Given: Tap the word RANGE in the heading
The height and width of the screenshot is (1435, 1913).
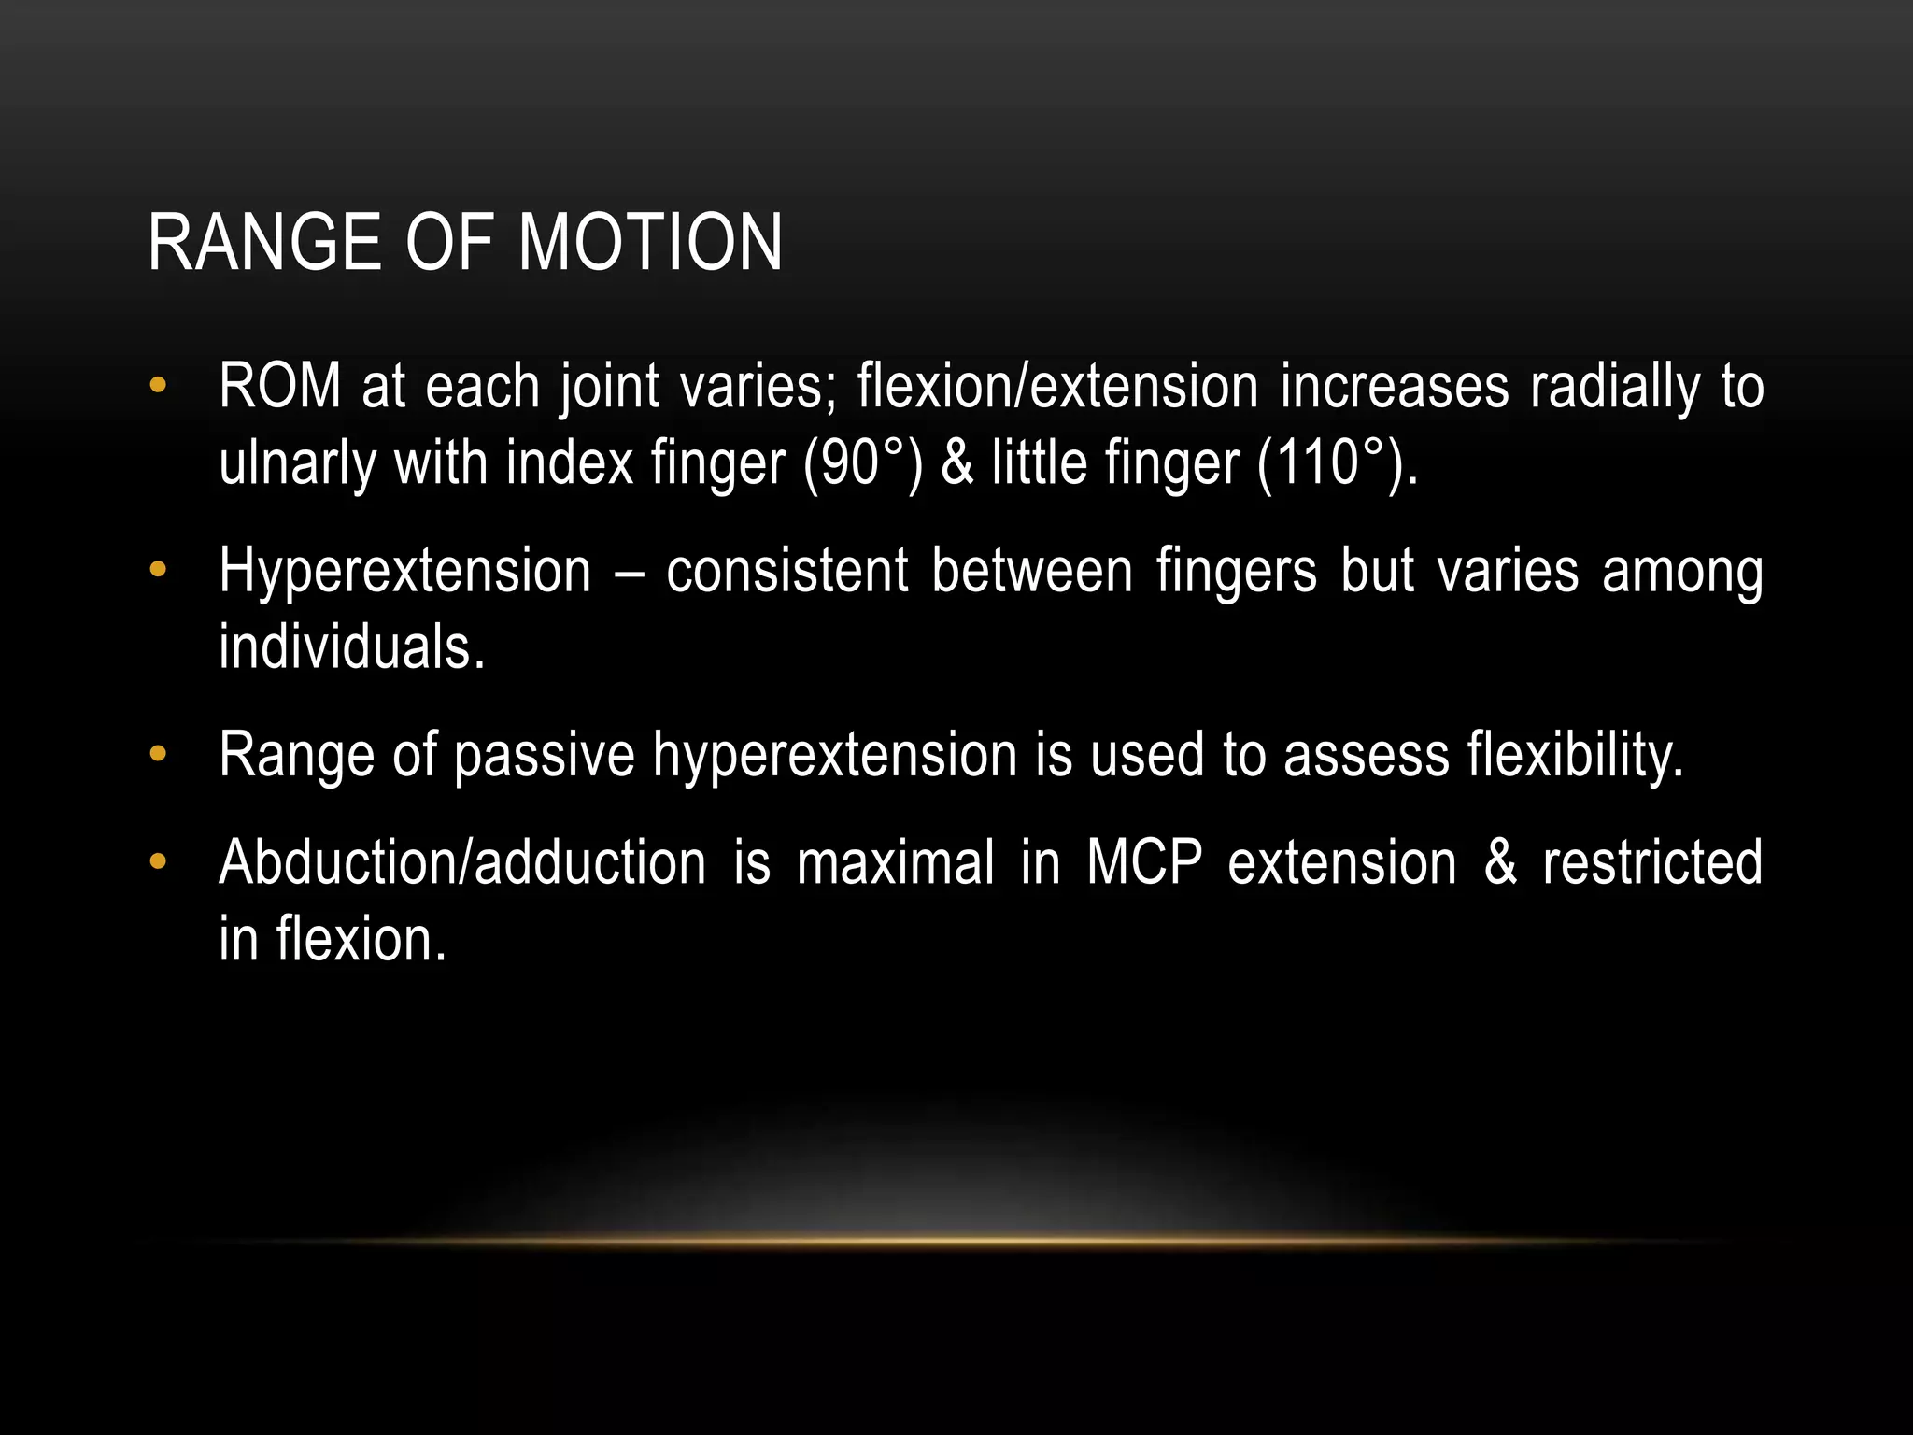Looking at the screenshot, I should click(265, 243).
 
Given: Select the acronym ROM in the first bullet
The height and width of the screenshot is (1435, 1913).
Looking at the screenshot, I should click(280, 386).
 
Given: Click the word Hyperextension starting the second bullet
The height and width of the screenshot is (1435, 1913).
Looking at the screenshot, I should click(404, 571).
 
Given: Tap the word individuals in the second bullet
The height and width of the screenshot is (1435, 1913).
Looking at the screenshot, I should click(351, 646).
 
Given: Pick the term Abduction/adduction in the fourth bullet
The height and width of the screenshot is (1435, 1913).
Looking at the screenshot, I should click(462, 862).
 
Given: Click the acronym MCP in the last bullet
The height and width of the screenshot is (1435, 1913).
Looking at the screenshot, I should click(1144, 862).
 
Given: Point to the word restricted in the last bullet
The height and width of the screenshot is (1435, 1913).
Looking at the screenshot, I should click(1651, 862).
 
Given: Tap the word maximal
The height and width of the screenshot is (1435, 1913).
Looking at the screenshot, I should click(895, 862).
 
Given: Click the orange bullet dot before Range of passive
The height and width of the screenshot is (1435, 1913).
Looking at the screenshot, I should click(158, 752).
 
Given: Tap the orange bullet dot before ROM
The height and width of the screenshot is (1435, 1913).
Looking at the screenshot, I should click(158, 384).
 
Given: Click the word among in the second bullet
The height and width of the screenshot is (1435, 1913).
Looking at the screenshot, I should click(1682, 573).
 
